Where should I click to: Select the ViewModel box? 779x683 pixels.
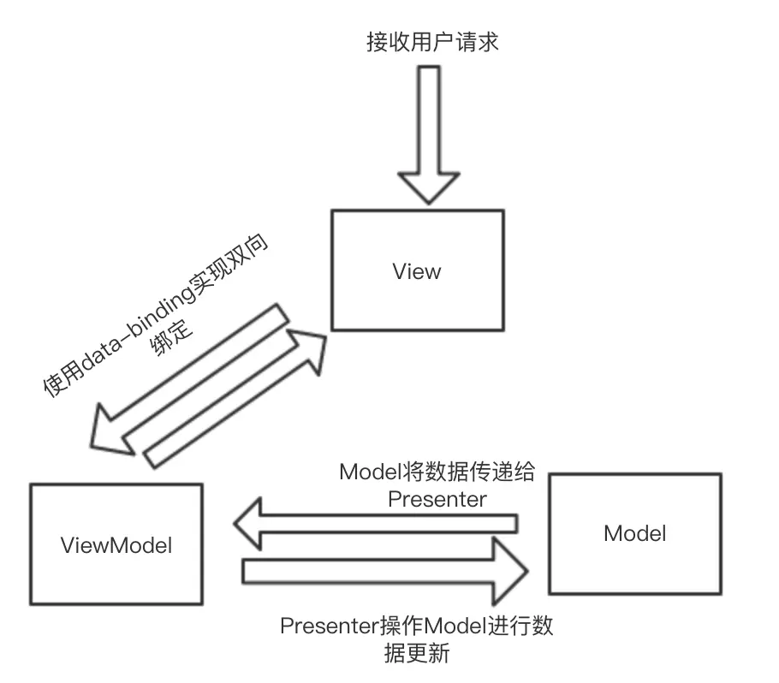[x=116, y=544]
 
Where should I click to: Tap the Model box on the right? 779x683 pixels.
[x=634, y=533]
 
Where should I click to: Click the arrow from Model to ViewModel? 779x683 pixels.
[x=377, y=523]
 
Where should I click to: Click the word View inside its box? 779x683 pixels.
[x=417, y=271]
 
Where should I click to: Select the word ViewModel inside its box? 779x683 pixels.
[x=116, y=545]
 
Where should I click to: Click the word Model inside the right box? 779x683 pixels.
[x=634, y=533]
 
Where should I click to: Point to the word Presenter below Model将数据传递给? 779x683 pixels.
[x=437, y=499]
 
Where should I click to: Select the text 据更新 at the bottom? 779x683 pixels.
[x=417, y=655]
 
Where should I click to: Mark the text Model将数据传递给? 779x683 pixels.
[x=437, y=472]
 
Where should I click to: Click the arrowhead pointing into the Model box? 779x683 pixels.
[x=519, y=569]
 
